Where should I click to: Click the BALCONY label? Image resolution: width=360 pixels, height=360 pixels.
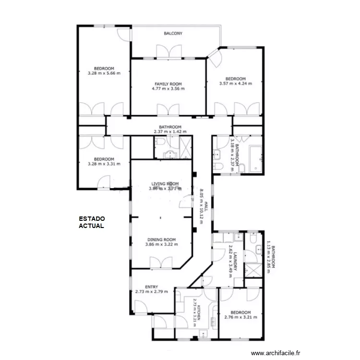(x=173, y=33)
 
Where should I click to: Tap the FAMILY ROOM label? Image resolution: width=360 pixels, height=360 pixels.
(x=168, y=84)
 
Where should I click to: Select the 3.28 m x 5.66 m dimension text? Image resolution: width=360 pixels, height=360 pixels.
(x=104, y=73)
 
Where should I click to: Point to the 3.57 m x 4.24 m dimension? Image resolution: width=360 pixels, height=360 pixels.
(x=236, y=84)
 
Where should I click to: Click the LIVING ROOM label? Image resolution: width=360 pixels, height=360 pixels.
(x=165, y=184)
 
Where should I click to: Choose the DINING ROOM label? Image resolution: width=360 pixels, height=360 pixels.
(x=161, y=240)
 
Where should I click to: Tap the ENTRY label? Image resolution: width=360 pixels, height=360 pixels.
(x=152, y=287)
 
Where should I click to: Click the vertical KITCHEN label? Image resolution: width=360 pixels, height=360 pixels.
(x=199, y=312)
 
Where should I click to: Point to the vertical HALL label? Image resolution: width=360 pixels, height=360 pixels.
(x=206, y=206)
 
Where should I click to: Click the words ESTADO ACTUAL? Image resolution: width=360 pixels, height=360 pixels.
(x=92, y=222)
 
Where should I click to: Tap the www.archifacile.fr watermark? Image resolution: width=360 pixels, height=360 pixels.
(x=276, y=353)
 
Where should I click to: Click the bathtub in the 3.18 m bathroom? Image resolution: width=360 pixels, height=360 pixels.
(x=255, y=159)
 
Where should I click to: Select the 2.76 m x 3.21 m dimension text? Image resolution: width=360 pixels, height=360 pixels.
(x=240, y=317)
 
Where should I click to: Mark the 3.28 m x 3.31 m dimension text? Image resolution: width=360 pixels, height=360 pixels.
(x=104, y=164)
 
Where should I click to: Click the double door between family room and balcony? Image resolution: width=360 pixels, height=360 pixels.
(x=169, y=52)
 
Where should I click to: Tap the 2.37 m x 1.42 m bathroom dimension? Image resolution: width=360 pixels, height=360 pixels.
(x=170, y=132)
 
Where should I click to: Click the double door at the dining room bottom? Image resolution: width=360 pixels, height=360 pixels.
(x=161, y=263)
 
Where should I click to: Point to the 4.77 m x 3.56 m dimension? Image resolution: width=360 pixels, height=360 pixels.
(x=168, y=89)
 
